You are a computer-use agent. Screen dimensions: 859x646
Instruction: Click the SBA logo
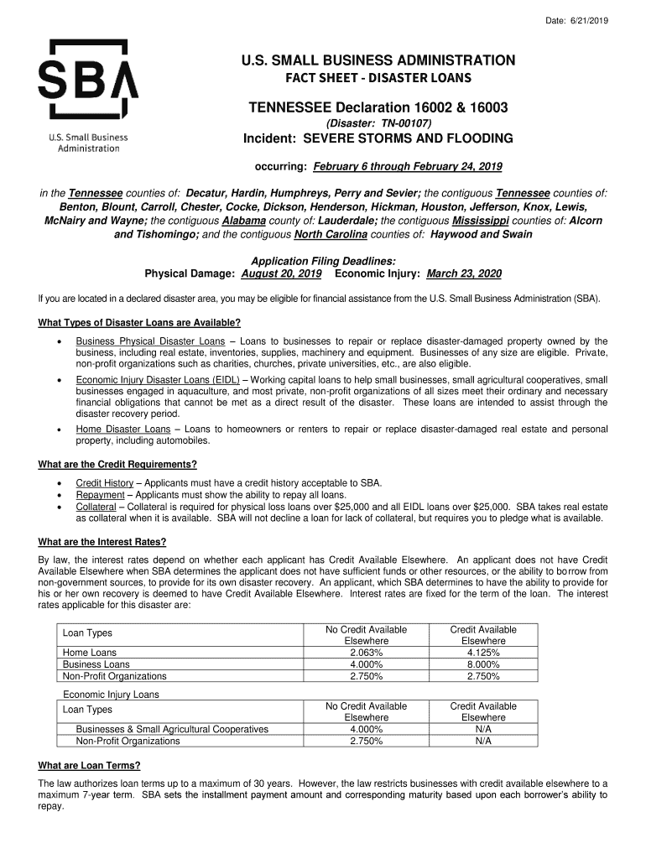88,81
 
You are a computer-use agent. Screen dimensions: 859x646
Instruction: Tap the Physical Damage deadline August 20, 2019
281,273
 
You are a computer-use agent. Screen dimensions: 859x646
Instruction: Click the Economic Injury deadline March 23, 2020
464,273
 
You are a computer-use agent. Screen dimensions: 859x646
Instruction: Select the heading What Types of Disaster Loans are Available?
140,323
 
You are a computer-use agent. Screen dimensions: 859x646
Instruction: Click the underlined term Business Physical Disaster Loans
150,341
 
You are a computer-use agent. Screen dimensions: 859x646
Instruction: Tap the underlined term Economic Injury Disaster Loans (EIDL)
158,380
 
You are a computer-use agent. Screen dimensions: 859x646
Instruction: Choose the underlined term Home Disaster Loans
122,429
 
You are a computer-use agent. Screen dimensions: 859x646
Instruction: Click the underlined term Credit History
104,482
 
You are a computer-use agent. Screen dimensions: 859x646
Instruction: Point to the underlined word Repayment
102,495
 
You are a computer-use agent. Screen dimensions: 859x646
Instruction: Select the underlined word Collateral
96,507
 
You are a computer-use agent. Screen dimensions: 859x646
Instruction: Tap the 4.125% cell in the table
483,652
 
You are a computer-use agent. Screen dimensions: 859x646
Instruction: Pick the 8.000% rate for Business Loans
483,664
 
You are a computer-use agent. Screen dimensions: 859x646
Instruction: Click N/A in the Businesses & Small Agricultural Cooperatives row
483,729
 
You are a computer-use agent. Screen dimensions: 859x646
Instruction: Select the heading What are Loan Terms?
90,765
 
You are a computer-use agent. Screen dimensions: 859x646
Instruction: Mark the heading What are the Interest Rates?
102,541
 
